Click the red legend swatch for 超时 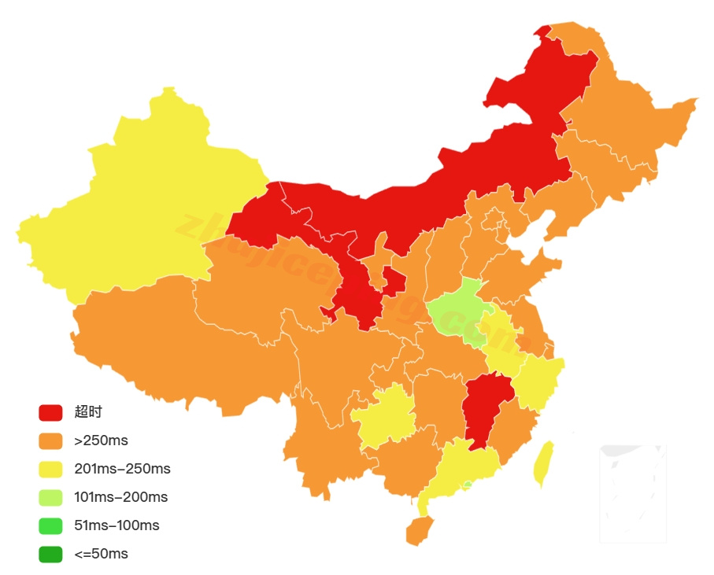[x=50, y=412]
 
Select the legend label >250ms [x=101, y=440]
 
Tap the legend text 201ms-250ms [x=122, y=469]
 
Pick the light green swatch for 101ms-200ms [x=50, y=497]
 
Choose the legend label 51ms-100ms [x=117, y=525]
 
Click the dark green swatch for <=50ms [x=50, y=554]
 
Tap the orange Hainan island [x=419, y=531]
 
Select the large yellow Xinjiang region [x=134, y=205]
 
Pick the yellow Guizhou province [x=386, y=417]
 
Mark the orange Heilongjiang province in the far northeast [x=630, y=118]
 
